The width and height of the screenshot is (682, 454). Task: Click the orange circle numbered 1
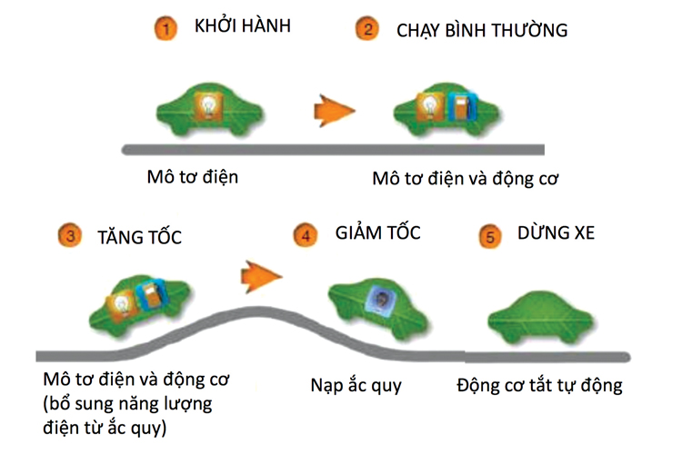coord(165,28)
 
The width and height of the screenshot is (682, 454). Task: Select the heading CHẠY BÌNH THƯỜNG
coord(482,30)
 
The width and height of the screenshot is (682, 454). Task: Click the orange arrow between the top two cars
coord(333,109)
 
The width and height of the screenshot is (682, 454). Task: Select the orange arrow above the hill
coord(262,271)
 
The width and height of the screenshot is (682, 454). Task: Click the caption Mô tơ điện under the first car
coord(193,176)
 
